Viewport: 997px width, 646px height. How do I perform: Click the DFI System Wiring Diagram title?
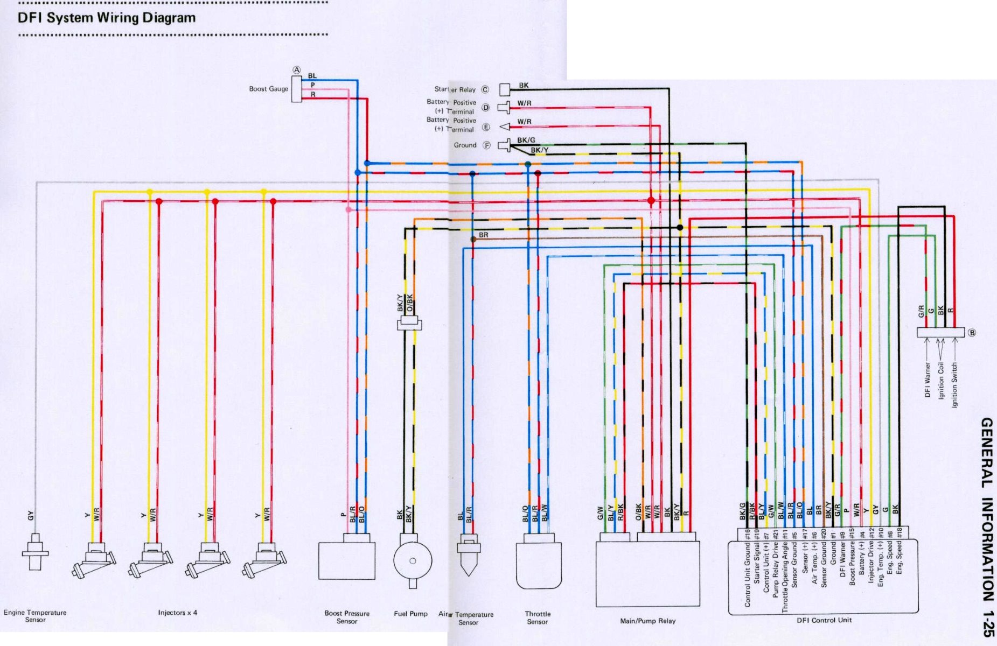[106, 18]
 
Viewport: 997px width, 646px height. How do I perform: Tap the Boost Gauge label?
[268, 89]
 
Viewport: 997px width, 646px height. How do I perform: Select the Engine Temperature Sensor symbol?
[35, 552]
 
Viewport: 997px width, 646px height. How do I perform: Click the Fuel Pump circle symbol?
[413, 560]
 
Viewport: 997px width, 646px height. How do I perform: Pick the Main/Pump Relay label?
[647, 621]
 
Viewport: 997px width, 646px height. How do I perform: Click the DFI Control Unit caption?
[824, 620]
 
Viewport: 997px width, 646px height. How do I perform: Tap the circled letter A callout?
[296, 70]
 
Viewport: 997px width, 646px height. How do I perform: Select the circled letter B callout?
[972, 333]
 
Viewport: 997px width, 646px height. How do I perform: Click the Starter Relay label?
[455, 89]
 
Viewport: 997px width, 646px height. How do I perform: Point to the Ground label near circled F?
[465, 145]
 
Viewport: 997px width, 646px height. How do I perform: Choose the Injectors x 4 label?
[177, 613]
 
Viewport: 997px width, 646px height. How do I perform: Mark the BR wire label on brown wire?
[483, 235]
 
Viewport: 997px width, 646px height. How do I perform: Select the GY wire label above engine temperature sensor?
[31, 516]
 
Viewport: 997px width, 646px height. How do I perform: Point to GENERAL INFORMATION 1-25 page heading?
[986, 528]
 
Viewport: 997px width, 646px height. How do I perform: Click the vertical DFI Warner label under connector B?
[928, 380]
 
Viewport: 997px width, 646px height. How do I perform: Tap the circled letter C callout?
[485, 90]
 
